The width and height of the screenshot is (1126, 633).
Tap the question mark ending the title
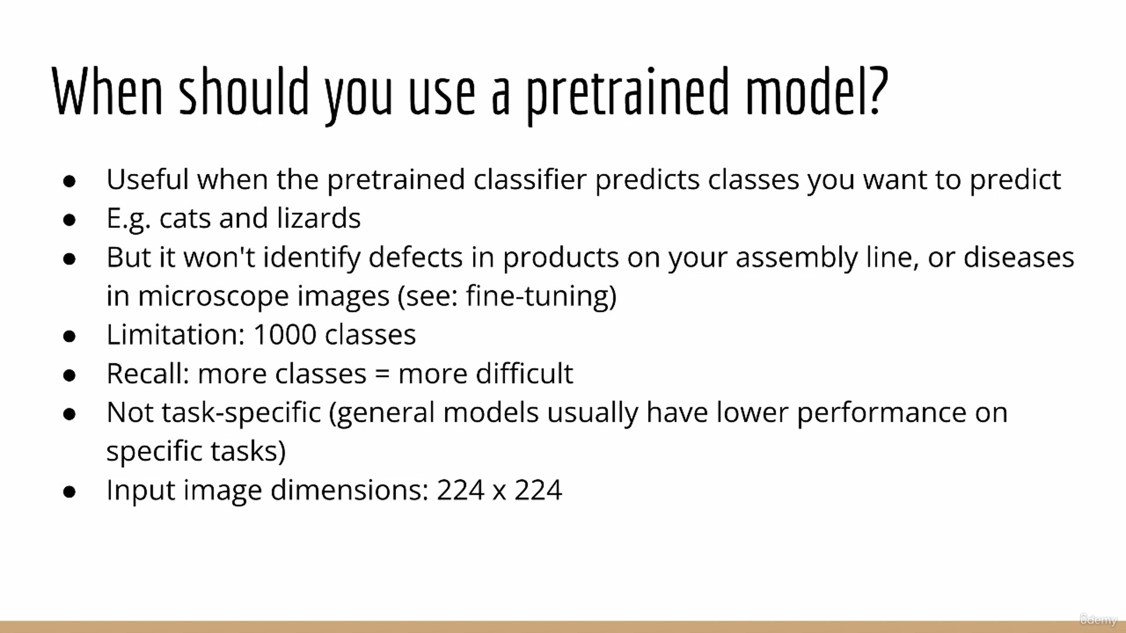pyautogui.click(x=877, y=90)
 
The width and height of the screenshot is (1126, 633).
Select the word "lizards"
pyautogui.click(x=318, y=218)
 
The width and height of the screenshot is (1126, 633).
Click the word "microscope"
pyautogui.click(x=263, y=297)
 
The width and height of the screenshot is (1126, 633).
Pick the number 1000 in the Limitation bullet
pyautogui.click(x=285, y=335)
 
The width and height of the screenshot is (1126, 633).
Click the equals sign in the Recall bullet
pyautogui.click(x=382, y=374)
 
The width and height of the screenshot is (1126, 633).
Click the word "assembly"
pyautogui.click(x=796, y=258)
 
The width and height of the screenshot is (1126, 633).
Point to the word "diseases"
pyautogui.click(x=1019, y=257)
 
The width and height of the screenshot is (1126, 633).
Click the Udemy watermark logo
pyautogui.click(x=1098, y=620)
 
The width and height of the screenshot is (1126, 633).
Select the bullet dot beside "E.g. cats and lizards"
pyautogui.click(x=70, y=220)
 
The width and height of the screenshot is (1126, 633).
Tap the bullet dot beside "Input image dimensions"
pyautogui.click(x=70, y=492)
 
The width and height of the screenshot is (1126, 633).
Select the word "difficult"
pyautogui.click(x=524, y=373)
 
